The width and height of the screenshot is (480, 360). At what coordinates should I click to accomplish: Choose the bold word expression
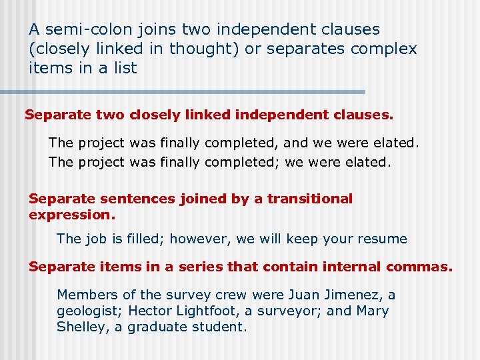click(72, 215)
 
